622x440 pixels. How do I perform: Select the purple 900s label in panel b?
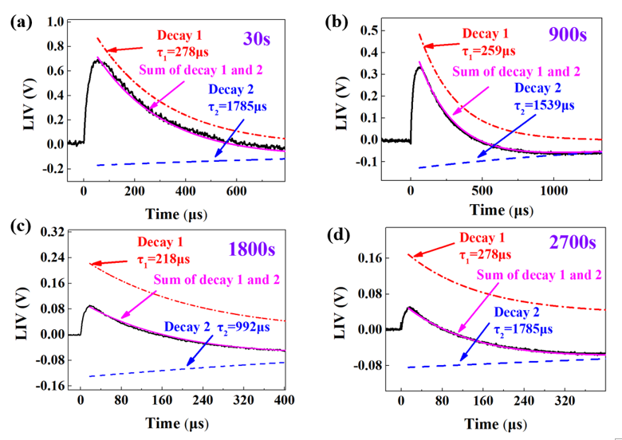tap(567, 34)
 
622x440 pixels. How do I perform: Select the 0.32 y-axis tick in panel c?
tap(53, 232)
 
